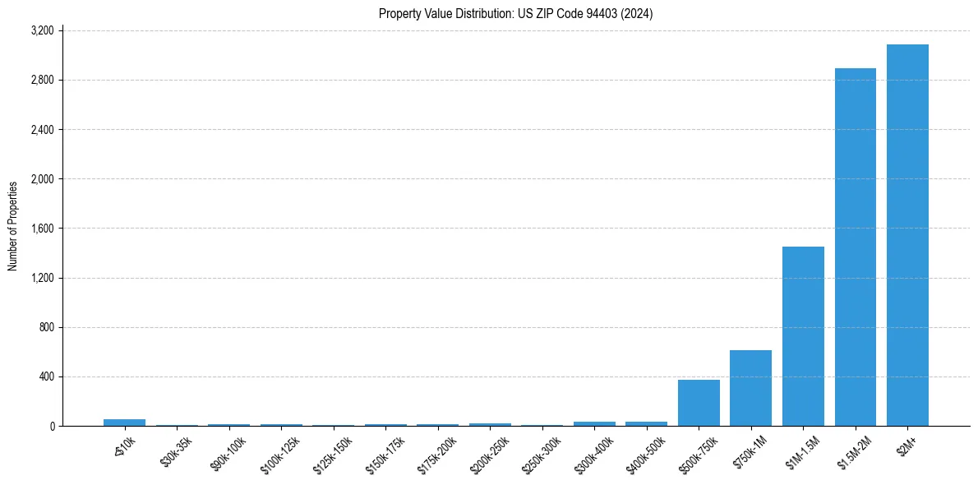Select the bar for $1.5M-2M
coord(856,247)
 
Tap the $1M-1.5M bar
coord(803,336)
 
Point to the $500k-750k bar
coord(699,403)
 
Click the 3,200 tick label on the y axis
coord(42,31)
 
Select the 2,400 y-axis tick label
coord(42,130)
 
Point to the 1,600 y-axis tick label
coord(42,229)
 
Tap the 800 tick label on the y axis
coord(46,327)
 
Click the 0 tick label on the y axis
coord(51,426)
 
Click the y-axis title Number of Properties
coord(13,226)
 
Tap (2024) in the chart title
coord(637,13)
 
